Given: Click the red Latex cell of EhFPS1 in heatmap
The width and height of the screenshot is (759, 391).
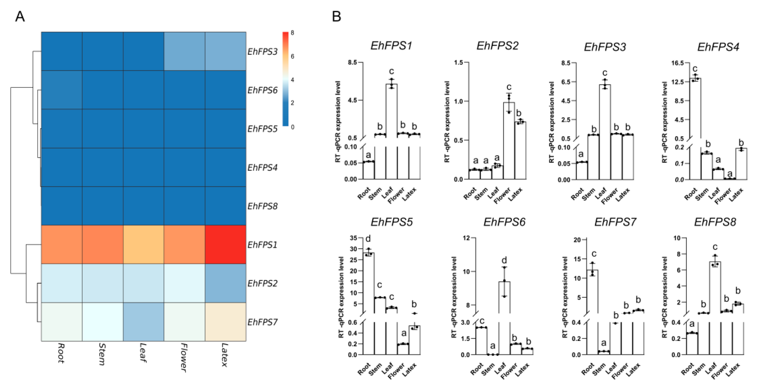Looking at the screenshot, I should coord(225,245).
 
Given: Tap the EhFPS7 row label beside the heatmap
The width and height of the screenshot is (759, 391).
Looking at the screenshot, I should coord(262,322).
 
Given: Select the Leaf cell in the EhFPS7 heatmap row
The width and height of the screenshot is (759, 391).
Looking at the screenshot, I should coord(143,322).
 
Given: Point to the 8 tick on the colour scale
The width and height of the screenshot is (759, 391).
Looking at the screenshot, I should coord(292,33).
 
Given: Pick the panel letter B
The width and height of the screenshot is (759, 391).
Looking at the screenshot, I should coord(337,17).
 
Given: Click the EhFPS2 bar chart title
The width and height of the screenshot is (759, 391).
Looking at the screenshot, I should coord(497,46).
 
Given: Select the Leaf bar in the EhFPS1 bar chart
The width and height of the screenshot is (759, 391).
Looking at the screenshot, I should coord(391,112).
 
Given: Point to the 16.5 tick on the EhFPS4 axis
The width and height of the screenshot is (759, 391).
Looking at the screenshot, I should coord(677,63).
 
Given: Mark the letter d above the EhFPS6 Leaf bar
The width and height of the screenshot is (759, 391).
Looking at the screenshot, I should coord(504,260).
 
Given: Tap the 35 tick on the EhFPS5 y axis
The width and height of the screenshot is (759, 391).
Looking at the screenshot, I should coord(353,238).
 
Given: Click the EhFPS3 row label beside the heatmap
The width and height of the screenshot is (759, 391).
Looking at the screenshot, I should coord(262,52).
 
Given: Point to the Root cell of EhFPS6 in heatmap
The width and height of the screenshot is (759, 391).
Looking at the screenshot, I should coord(61,90).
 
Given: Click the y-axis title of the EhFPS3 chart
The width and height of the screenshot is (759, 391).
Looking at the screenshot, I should coord(551,122).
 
